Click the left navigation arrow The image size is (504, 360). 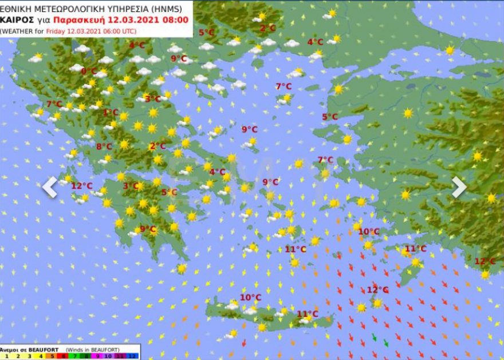tap(50, 187)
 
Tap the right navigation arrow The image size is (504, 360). tap(459, 187)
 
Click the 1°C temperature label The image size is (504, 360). tap(111, 112)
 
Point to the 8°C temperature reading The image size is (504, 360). tap(104, 146)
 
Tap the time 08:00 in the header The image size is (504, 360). tap(174, 19)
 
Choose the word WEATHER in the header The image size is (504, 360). tap(19, 30)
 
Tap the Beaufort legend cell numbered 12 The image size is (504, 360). tap(133, 356)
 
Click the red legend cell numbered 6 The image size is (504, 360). tap(64, 356)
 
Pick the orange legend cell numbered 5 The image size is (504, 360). tap(52, 356)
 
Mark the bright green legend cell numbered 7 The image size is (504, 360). tap(75, 356)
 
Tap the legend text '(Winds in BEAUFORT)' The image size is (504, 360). tap(92, 349)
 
